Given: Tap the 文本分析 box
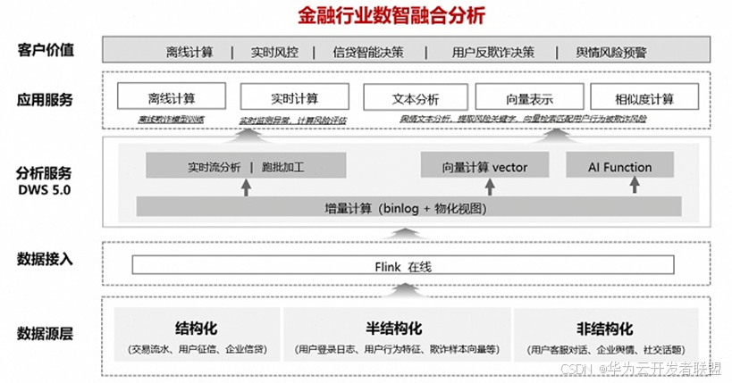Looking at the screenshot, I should pyautogui.click(x=415, y=97).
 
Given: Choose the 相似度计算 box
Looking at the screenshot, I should pyautogui.click(x=644, y=97).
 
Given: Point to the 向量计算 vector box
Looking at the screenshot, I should pyautogui.click(x=484, y=167).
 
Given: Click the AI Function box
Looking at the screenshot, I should pyautogui.click(x=619, y=167).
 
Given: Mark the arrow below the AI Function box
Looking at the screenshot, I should pyautogui.click(x=635, y=186).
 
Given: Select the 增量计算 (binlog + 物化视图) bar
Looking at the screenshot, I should pyautogui.click(x=408, y=208).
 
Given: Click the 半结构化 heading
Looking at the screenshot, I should pyautogui.click(x=394, y=328).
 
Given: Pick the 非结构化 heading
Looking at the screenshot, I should pyautogui.click(x=604, y=328).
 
